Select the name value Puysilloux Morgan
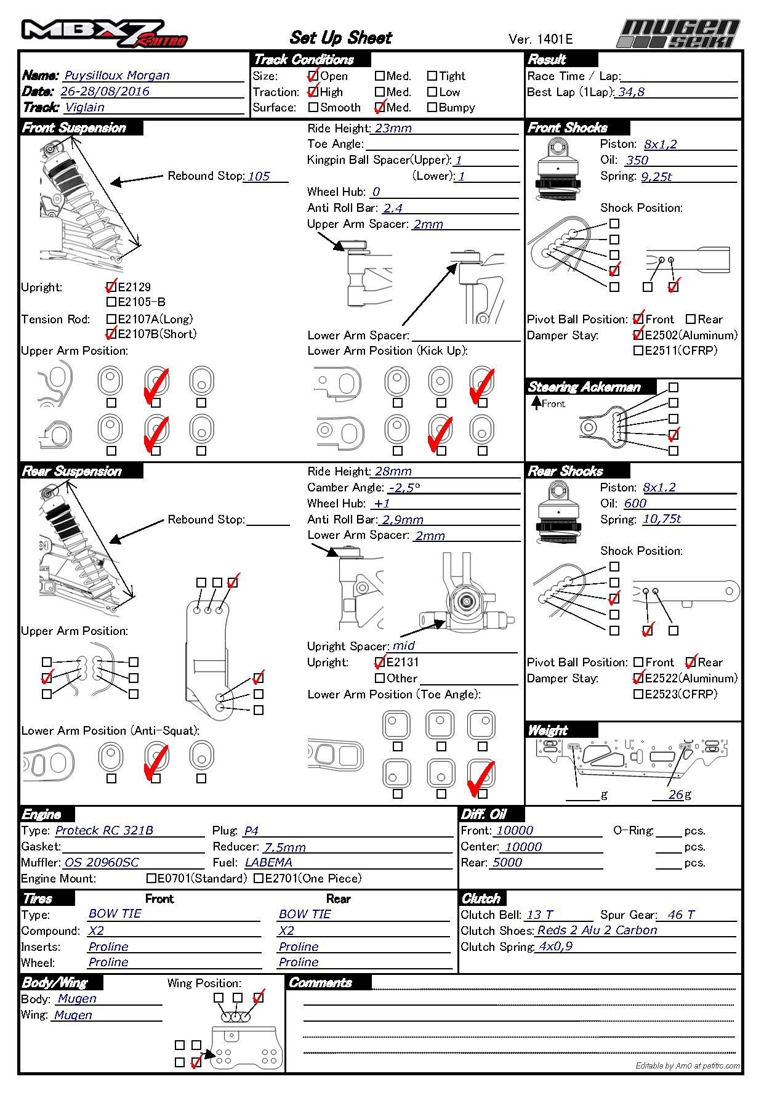tap(117, 75)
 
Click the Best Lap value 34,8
tap(631, 92)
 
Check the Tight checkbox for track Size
tap(432, 76)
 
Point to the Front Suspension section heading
tap(74, 128)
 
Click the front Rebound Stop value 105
tap(259, 176)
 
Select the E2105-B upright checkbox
tap(111, 302)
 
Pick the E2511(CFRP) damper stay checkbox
tap(638, 350)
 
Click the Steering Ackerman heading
tap(584, 387)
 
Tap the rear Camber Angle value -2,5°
tap(404, 488)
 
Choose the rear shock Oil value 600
tap(635, 503)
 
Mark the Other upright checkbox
tap(380, 678)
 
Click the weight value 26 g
tap(675, 794)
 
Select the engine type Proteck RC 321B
tap(104, 830)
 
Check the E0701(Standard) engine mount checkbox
tap(151, 878)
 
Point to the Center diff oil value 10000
tap(523, 847)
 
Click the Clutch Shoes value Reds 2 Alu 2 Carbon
tap(597, 930)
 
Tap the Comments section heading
tap(320, 983)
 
